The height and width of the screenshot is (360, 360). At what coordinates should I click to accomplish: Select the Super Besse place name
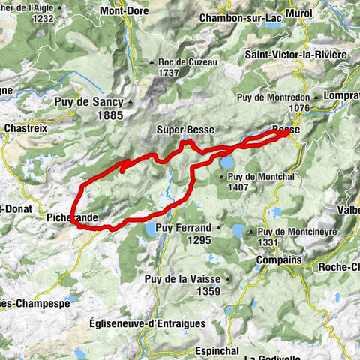pos(185,130)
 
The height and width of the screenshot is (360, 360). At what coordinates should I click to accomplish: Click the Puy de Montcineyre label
pos(293,232)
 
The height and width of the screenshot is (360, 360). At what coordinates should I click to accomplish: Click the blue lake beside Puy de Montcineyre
pos(238,230)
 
